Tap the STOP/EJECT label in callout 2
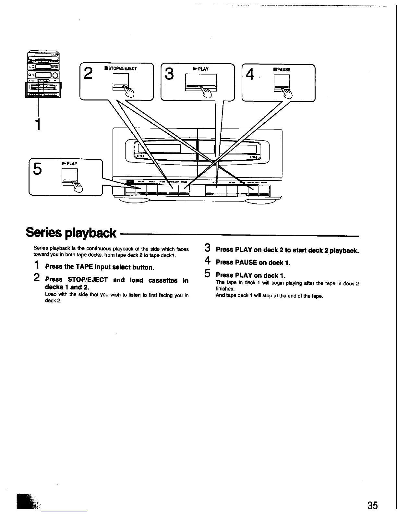click(121, 68)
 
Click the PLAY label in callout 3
click(201, 69)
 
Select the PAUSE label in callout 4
click(282, 69)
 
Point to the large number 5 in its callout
click(38, 169)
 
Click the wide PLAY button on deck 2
click(216, 191)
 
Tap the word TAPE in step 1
click(84, 267)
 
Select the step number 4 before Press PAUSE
click(208, 261)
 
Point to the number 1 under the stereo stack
click(38, 124)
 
